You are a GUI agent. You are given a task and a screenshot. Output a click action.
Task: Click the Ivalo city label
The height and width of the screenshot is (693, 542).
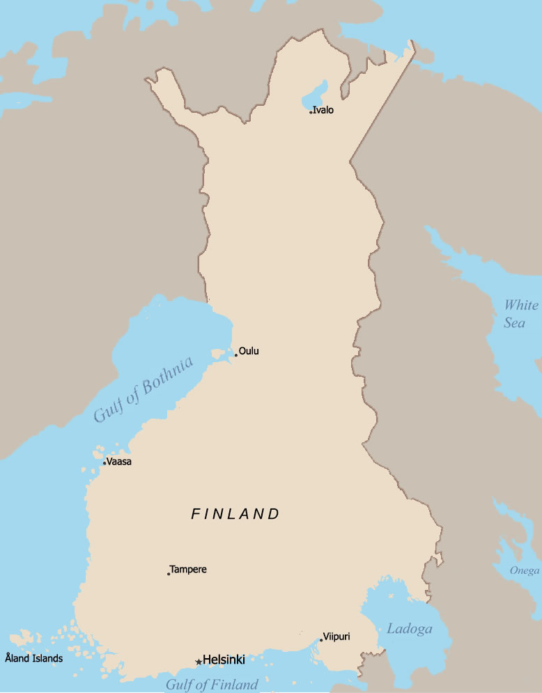pyautogui.click(x=323, y=110)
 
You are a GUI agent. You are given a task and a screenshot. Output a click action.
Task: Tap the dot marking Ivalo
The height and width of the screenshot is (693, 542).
pyautogui.click(x=311, y=111)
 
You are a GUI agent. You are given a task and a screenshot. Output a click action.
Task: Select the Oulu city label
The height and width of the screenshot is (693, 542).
pyautogui.click(x=249, y=351)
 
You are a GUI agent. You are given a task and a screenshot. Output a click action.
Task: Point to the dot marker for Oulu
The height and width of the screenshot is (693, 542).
pyautogui.click(x=236, y=355)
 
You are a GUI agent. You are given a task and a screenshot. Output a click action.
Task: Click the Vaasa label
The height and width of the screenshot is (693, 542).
pyautogui.click(x=119, y=461)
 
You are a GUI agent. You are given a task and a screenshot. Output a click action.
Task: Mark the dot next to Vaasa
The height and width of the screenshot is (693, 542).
pyautogui.click(x=104, y=463)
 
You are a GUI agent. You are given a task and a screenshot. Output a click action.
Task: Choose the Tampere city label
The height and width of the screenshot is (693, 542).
pyautogui.click(x=188, y=569)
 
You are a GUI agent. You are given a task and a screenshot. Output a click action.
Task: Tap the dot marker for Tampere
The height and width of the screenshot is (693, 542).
pyautogui.click(x=169, y=574)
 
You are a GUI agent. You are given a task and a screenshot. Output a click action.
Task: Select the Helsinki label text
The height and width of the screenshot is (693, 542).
pyautogui.click(x=224, y=660)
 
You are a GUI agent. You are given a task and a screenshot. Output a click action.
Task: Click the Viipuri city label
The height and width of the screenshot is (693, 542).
pyautogui.click(x=336, y=637)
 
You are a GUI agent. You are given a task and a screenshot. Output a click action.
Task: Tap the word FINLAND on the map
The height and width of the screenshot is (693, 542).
pyautogui.click(x=235, y=515)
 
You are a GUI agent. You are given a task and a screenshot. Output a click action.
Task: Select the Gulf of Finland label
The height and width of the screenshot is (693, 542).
pyautogui.click(x=212, y=684)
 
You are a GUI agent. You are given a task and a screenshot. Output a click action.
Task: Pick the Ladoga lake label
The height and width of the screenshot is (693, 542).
pyautogui.click(x=410, y=629)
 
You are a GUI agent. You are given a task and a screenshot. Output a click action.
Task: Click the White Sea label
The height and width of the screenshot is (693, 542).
pyautogui.click(x=521, y=313)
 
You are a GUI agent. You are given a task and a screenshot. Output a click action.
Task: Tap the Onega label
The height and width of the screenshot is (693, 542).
pyautogui.click(x=524, y=571)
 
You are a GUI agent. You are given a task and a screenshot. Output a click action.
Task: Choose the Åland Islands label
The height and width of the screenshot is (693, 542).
pyautogui.click(x=33, y=657)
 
